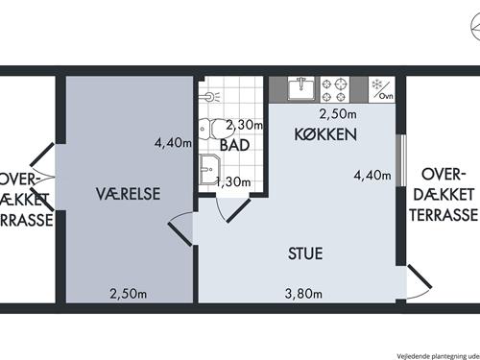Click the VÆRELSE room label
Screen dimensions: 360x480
point(128,194)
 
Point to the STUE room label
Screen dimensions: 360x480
point(305,254)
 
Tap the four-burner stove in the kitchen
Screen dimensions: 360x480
point(338,89)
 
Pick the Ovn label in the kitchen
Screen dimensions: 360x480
point(385,96)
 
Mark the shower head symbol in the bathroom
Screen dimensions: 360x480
point(210,96)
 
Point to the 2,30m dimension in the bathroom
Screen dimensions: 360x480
point(243,125)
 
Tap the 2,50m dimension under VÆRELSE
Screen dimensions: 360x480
point(128,294)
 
